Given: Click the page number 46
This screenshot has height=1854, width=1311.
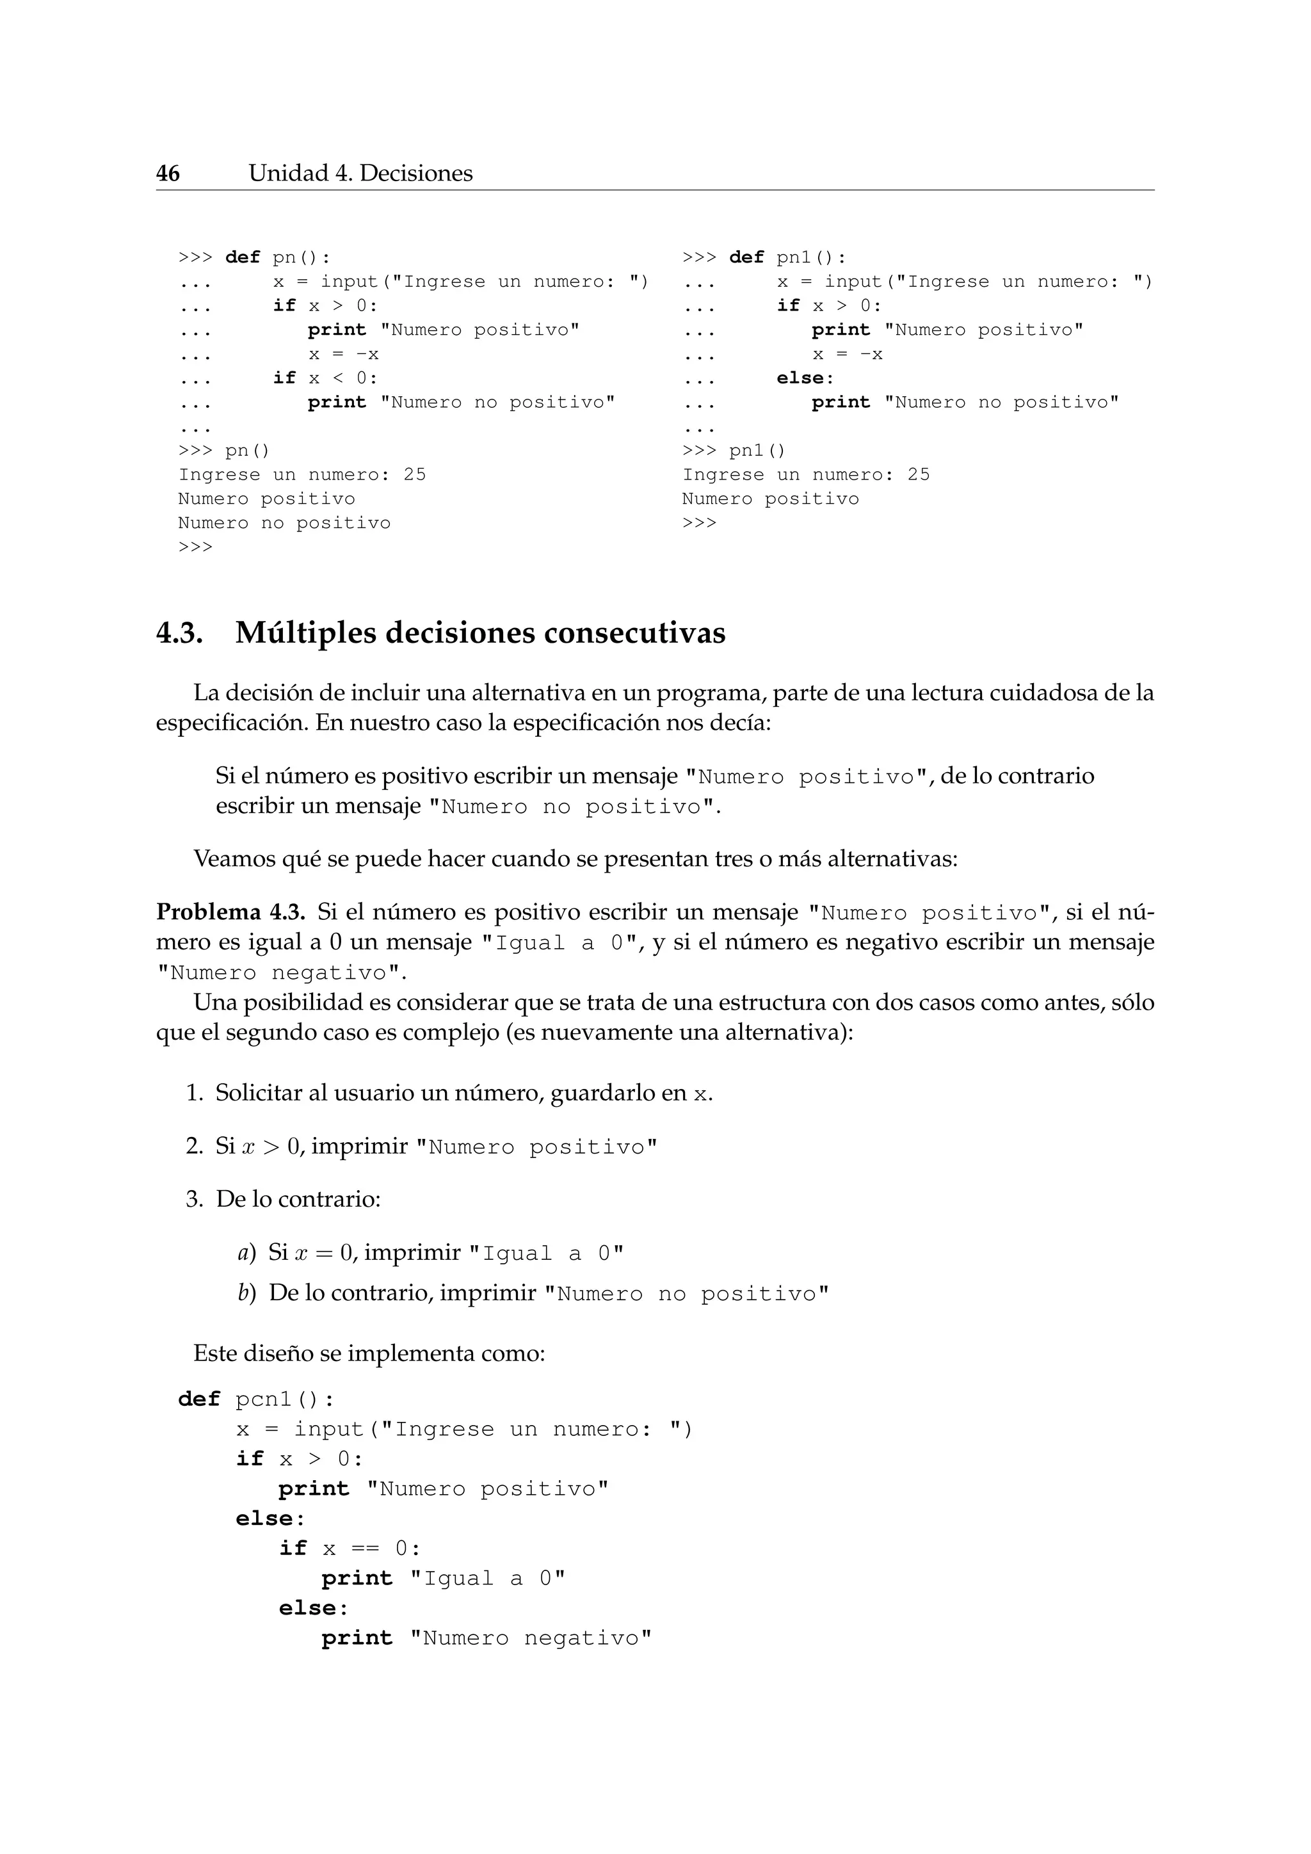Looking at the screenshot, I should click(168, 173).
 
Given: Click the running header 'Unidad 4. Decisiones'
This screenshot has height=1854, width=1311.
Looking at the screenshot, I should click(360, 173).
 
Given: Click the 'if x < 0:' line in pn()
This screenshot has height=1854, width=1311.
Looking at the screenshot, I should click(325, 378).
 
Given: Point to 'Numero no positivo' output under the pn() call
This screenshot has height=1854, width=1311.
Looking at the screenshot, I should click(284, 522).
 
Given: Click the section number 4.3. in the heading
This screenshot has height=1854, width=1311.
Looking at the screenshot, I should click(179, 633).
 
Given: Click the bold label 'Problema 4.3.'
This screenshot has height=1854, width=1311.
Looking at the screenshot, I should click(230, 912).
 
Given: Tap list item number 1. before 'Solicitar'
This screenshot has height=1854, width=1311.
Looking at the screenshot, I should click(194, 1093).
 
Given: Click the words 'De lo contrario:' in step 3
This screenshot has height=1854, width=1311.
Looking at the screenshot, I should click(298, 1199).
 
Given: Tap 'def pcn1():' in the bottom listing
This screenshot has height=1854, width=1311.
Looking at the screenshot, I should click(256, 1399).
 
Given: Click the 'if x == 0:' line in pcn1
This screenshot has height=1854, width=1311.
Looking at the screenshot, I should click(350, 1549).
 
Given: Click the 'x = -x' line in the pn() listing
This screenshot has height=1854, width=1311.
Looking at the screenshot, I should click(343, 353).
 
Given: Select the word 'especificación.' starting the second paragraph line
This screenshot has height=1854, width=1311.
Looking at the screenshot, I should click(232, 722).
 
